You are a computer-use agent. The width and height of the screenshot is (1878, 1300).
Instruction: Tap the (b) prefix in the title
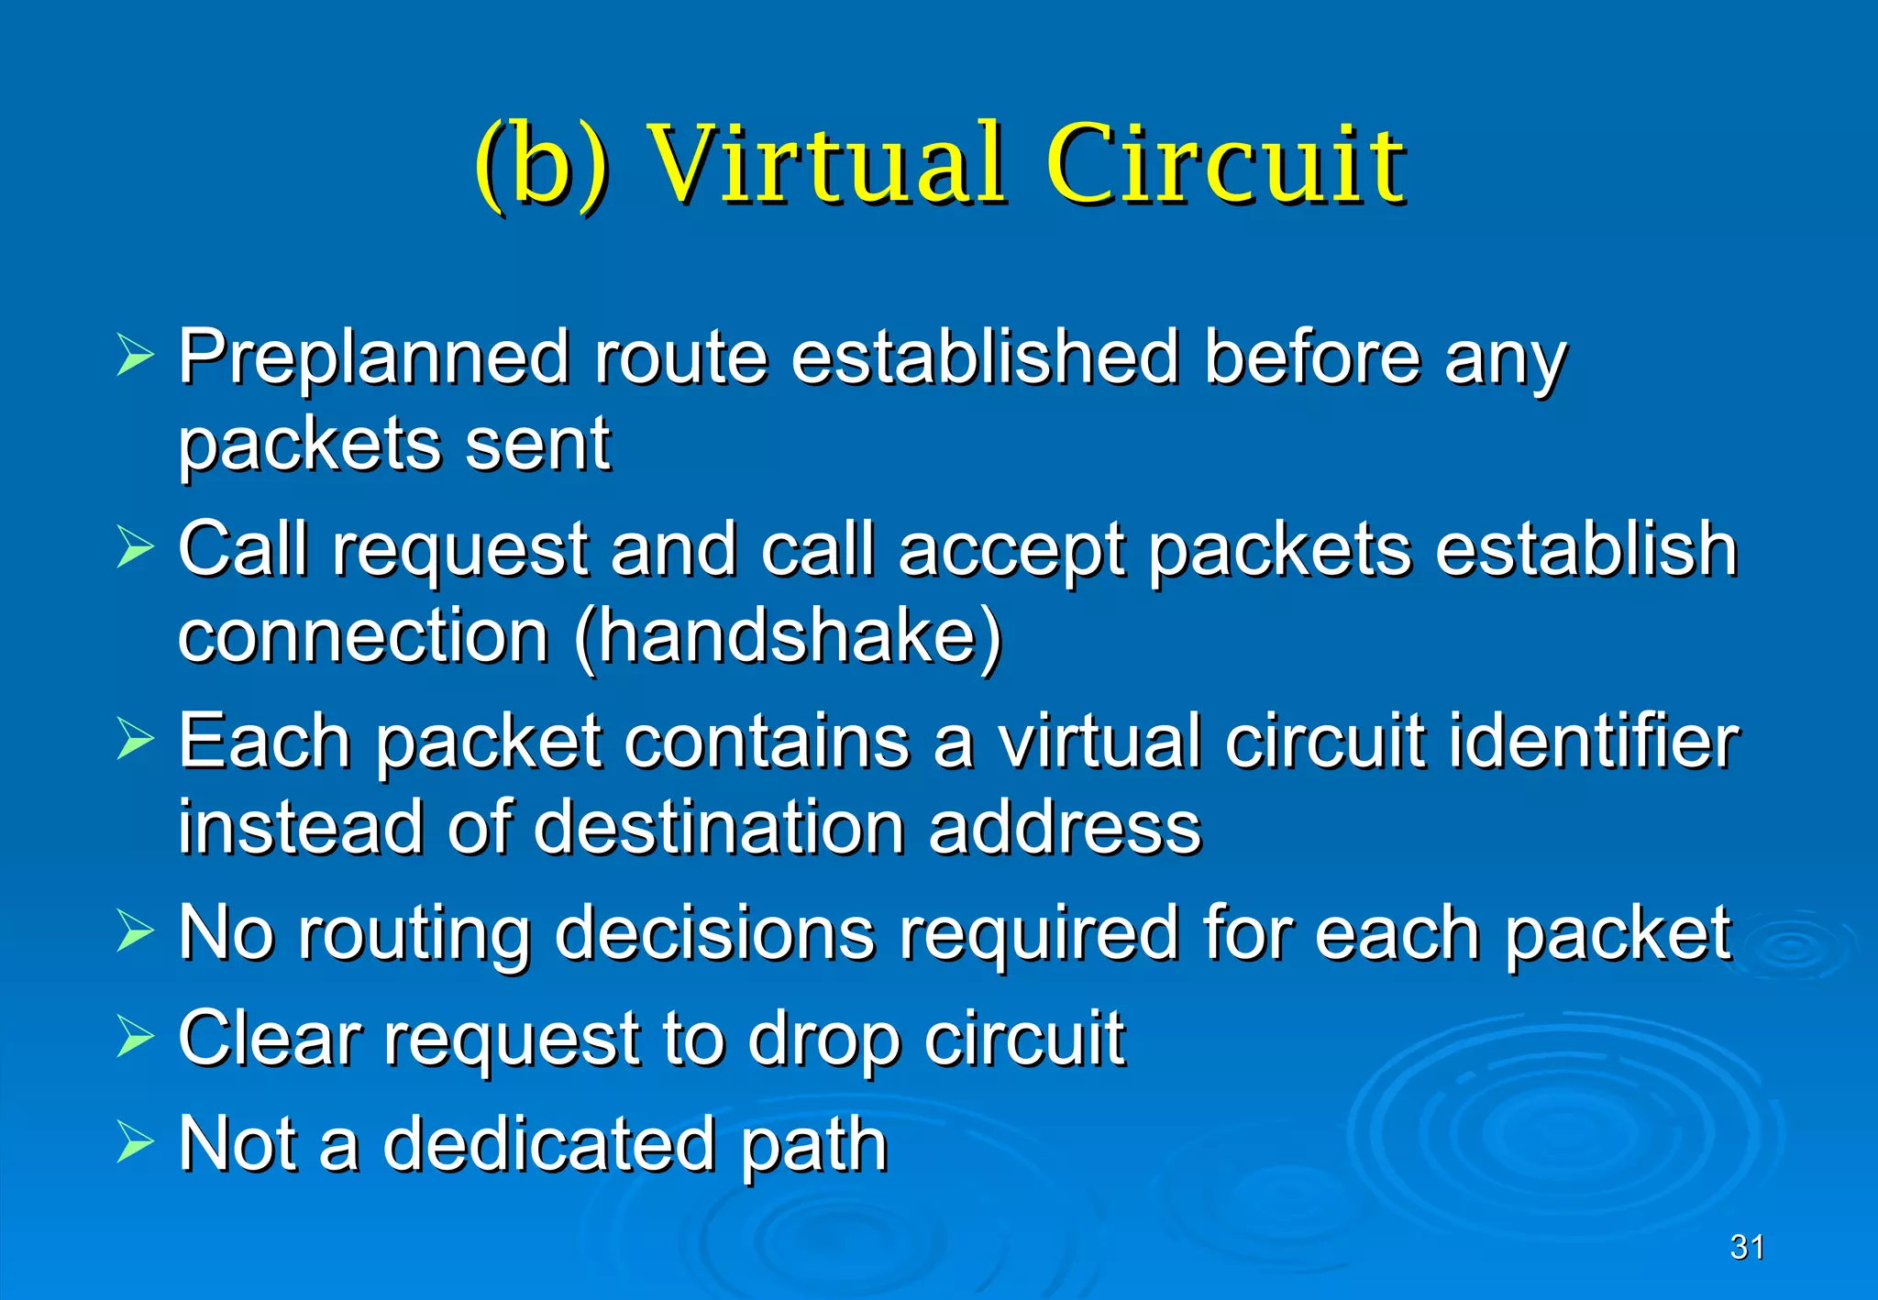click(541, 167)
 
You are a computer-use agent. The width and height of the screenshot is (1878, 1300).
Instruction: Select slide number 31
click(1747, 1247)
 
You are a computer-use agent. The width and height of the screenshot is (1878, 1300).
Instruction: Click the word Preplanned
click(374, 358)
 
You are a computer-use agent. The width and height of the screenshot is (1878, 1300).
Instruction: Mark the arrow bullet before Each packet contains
click(136, 739)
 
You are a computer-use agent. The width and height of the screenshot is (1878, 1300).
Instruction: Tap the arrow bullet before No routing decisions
click(136, 931)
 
